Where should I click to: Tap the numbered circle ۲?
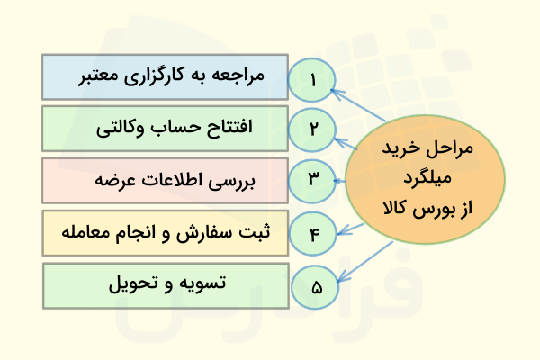coord(313,129)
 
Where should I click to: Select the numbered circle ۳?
coord(313,180)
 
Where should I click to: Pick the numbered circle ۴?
coord(313,235)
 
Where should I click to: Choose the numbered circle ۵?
coord(315,288)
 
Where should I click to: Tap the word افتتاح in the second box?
coord(231,129)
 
